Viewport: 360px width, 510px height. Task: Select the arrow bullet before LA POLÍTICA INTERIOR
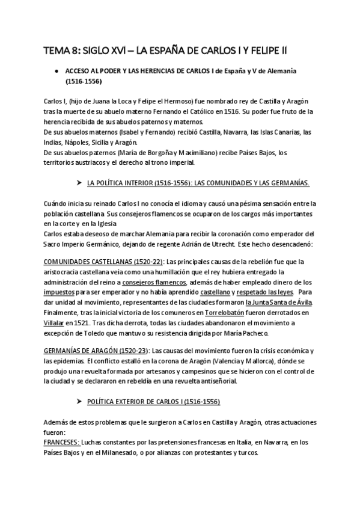(x=79, y=181)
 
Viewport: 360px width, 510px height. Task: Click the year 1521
(x=84, y=323)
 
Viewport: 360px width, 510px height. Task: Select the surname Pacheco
(x=263, y=333)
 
